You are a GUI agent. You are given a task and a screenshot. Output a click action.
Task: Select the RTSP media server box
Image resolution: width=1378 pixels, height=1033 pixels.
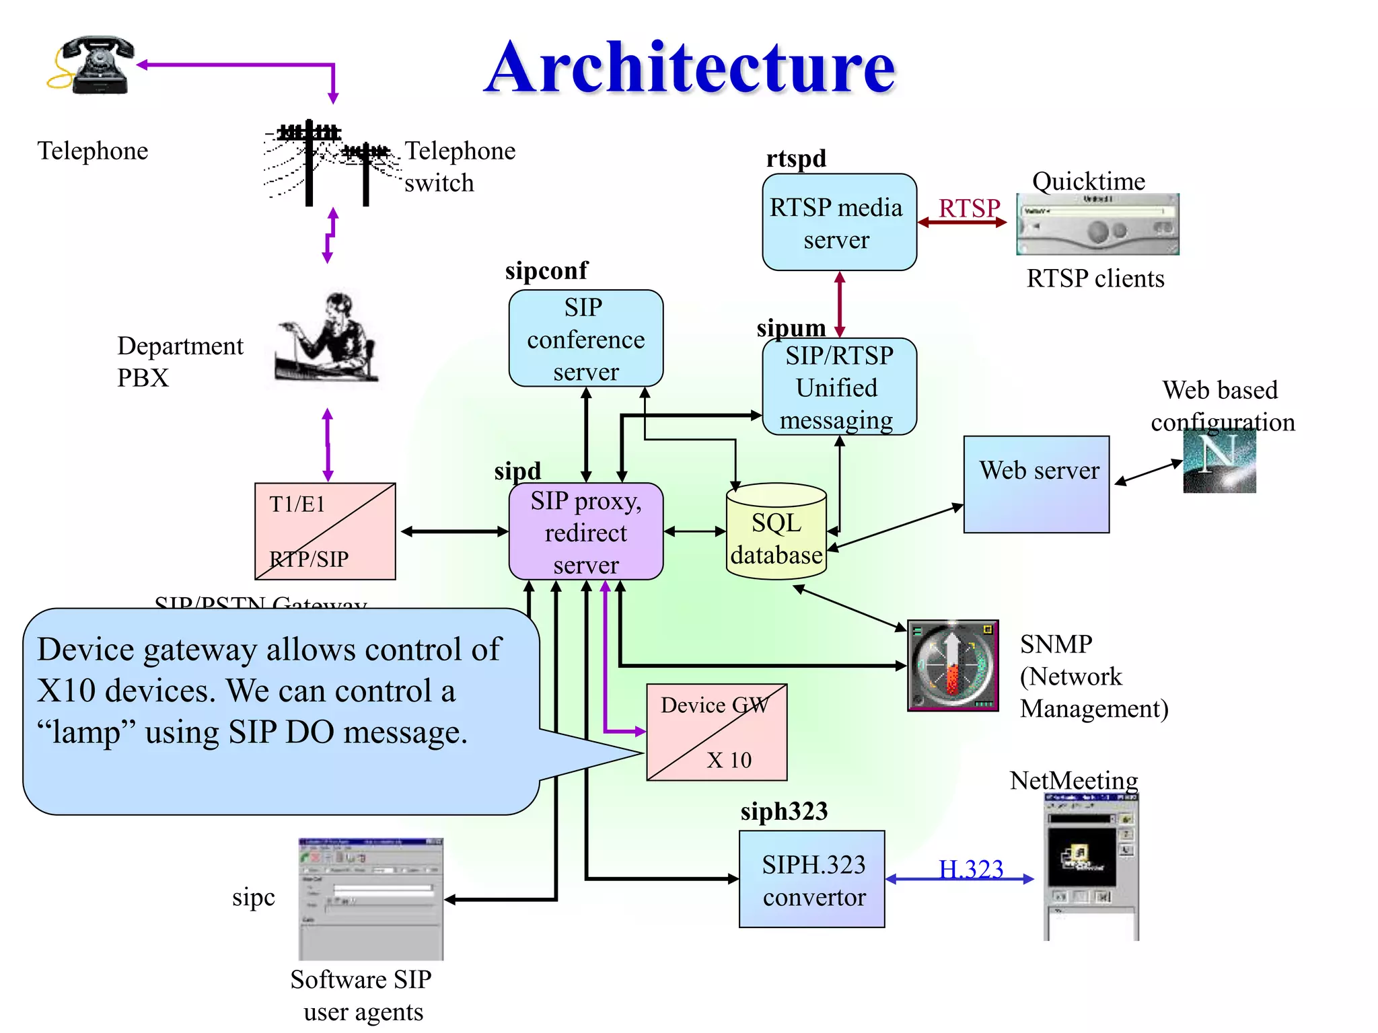(x=839, y=223)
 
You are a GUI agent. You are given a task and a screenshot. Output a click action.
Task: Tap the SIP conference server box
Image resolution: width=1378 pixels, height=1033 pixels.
(x=585, y=338)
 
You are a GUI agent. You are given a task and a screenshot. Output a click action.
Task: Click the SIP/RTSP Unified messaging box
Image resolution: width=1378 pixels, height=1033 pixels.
(x=839, y=387)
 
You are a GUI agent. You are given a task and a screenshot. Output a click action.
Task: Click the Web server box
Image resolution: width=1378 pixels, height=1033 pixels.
(x=1036, y=484)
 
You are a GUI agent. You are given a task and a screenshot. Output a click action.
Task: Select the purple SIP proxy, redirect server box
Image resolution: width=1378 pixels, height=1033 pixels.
(x=585, y=531)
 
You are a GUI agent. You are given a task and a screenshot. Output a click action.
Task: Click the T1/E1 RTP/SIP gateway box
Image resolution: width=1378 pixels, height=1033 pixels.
(x=325, y=531)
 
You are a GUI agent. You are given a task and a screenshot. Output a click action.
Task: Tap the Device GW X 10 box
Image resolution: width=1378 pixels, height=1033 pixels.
(x=717, y=732)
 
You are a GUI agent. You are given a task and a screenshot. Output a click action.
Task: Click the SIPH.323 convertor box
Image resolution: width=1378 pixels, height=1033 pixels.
(x=811, y=879)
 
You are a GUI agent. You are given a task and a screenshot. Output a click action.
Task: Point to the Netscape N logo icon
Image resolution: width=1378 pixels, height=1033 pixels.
(x=1219, y=461)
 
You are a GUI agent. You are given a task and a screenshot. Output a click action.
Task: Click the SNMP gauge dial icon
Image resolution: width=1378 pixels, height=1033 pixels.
(x=953, y=665)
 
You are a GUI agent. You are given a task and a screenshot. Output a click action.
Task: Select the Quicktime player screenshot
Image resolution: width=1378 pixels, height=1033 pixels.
(x=1097, y=225)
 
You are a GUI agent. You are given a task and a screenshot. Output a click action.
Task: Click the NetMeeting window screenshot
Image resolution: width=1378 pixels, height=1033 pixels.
(x=1091, y=867)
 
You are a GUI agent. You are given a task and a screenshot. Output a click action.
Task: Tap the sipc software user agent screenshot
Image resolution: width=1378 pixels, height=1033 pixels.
(x=371, y=899)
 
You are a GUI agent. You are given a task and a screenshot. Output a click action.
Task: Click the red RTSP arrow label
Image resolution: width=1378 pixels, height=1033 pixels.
(x=969, y=208)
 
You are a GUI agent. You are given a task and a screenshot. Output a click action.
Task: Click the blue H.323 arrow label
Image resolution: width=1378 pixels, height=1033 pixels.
(x=970, y=869)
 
